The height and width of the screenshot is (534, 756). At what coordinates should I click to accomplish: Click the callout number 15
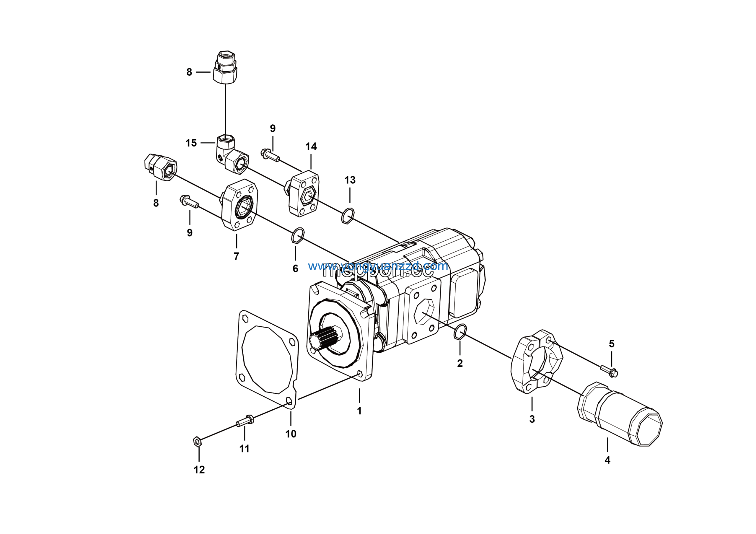[191, 143]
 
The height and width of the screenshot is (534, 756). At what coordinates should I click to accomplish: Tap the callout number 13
[350, 180]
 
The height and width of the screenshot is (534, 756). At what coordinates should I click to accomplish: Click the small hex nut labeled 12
[197, 442]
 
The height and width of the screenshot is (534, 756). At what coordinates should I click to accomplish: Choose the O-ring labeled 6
[297, 235]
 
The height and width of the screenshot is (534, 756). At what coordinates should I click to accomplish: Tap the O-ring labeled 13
[348, 216]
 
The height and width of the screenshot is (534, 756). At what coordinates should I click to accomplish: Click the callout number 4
[607, 460]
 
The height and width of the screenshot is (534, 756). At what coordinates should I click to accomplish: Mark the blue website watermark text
[378, 266]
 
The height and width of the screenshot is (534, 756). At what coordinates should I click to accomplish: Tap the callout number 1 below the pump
[359, 411]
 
